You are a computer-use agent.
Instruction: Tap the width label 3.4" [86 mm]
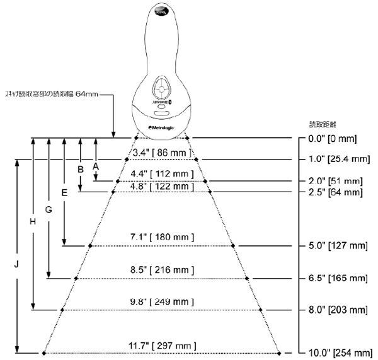[x=161, y=153]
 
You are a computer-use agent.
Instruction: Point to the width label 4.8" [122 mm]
[x=161, y=186]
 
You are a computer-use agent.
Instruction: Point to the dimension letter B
[x=80, y=170]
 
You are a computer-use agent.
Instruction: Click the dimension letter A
[x=96, y=165]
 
